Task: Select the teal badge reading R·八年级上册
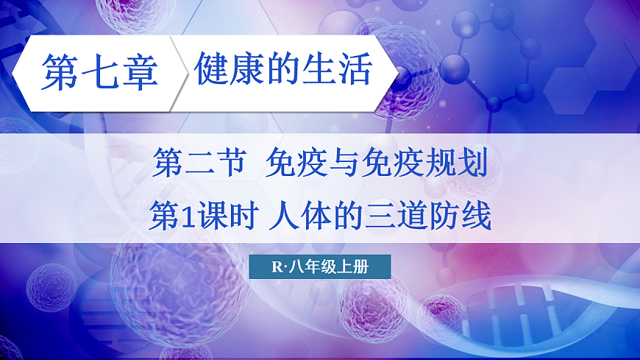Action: tap(319, 267)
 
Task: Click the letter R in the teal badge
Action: tap(277, 267)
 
